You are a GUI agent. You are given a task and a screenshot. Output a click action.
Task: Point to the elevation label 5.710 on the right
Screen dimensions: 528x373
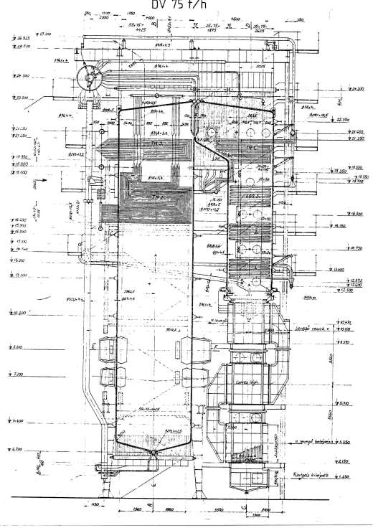[342, 403]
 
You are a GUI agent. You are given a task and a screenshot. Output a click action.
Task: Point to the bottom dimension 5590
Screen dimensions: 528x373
[217, 514]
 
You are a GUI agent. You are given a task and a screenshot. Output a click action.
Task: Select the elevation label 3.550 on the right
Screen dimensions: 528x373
[342, 443]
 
